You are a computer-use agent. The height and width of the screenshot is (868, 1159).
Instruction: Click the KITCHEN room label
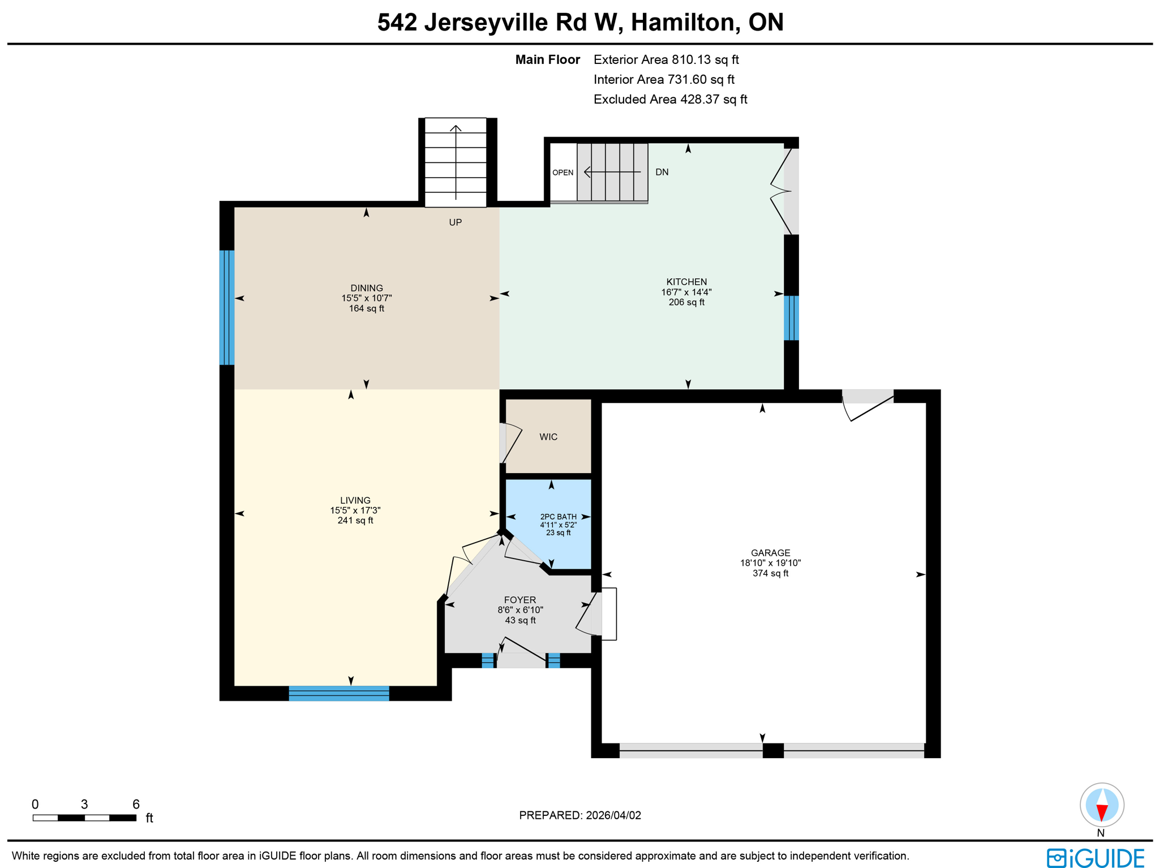click(x=686, y=282)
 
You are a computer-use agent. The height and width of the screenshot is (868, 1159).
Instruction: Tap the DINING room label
click(x=366, y=288)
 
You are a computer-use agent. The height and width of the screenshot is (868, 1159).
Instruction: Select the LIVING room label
click(x=355, y=500)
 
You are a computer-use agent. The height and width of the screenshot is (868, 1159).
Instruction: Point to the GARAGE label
click(x=770, y=553)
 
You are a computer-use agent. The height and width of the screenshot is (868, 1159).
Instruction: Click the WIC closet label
click(x=548, y=437)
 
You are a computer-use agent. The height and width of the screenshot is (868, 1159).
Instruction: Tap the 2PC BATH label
click(x=558, y=517)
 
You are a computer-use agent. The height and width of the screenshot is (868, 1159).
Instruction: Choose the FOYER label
click(x=520, y=600)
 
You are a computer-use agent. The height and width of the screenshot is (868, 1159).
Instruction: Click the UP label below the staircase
click(x=455, y=222)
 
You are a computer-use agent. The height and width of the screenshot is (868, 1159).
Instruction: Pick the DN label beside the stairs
click(x=662, y=172)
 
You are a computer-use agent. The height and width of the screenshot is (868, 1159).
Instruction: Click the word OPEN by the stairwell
click(x=563, y=173)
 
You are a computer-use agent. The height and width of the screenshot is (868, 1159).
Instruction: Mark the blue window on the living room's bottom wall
click(x=338, y=693)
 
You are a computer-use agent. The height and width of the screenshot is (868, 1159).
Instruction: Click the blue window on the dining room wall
click(x=226, y=307)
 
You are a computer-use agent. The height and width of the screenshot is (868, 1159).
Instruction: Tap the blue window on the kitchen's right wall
click(x=791, y=317)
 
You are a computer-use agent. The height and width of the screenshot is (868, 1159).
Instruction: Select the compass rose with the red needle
click(x=1101, y=805)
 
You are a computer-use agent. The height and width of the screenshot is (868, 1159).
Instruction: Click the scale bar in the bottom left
click(x=84, y=818)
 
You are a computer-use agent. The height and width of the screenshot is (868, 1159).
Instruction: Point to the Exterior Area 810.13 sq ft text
click(x=666, y=60)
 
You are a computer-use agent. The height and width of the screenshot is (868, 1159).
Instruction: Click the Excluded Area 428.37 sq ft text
click(x=670, y=100)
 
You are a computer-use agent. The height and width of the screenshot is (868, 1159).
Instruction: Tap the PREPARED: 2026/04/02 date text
click(x=579, y=815)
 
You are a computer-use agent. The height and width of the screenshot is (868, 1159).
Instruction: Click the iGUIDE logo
click(x=1095, y=858)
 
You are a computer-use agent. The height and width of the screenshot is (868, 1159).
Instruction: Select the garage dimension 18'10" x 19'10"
click(x=770, y=563)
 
